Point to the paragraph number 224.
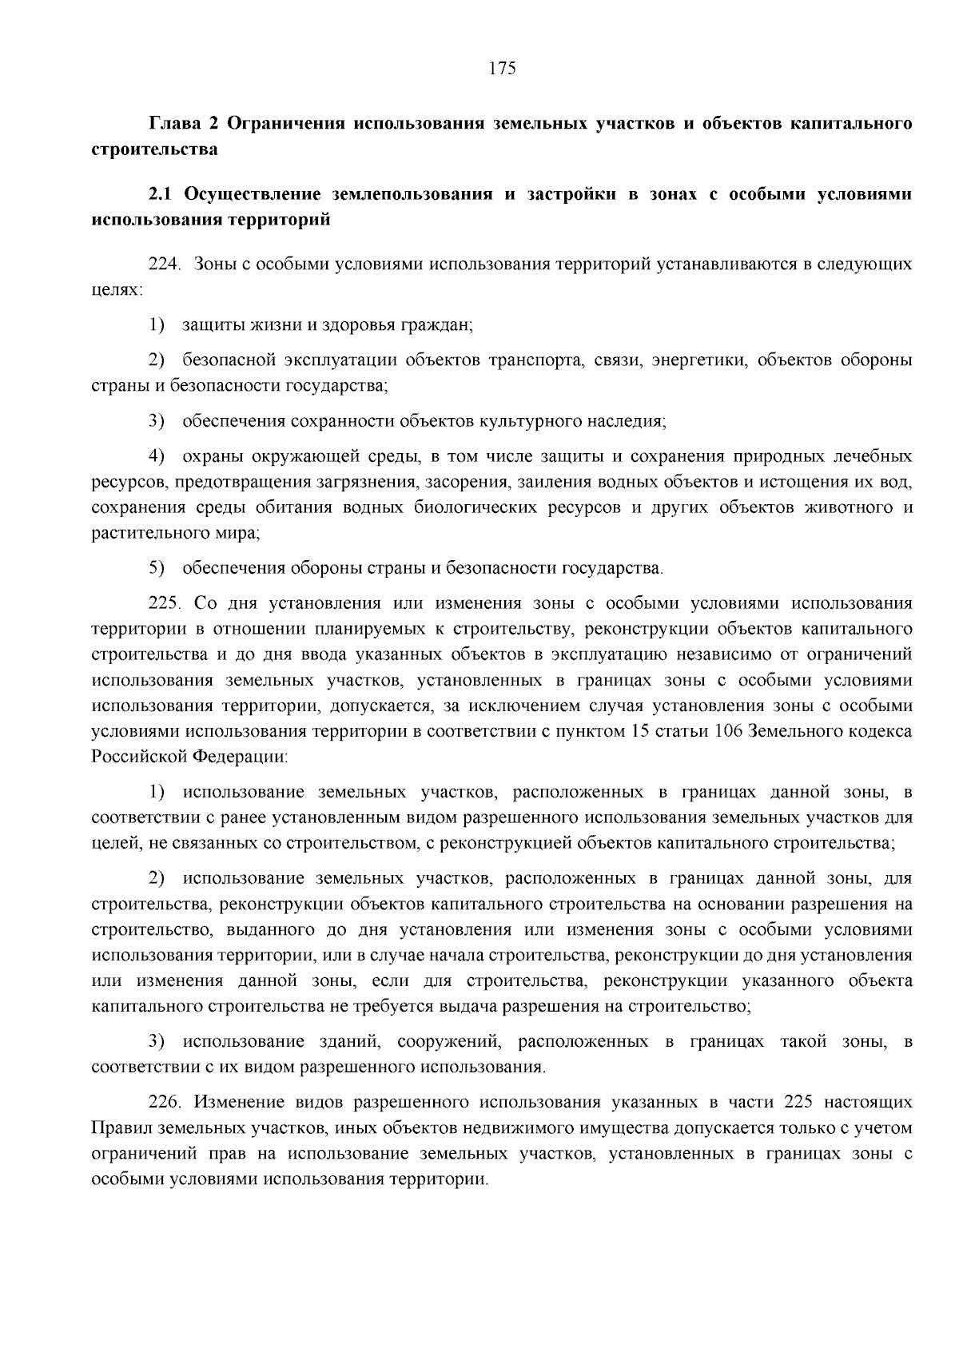pyautogui.click(x=165, y=264)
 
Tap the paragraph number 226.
pyautogui.click(x=165, y=1103)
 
